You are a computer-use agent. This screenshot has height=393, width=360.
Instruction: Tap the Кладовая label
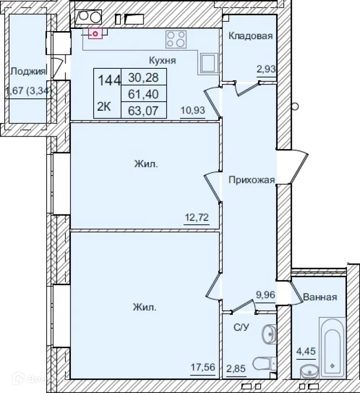click(250, 37)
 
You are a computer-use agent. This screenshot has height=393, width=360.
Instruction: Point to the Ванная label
click(320, 297)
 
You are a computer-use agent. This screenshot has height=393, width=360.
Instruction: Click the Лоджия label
click(27, 71)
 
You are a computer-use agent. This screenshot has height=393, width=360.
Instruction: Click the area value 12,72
click(196, 219)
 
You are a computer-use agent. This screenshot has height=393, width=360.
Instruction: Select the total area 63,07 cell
click(143, 109)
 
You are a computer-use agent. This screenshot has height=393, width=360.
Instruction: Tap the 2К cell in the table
click(104, 106)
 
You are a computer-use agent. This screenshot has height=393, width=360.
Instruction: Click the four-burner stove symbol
click(176, 39)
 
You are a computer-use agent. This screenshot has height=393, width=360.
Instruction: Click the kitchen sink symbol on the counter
click(208, 63)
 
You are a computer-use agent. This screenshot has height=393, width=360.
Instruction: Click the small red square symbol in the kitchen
click(96, 34)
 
